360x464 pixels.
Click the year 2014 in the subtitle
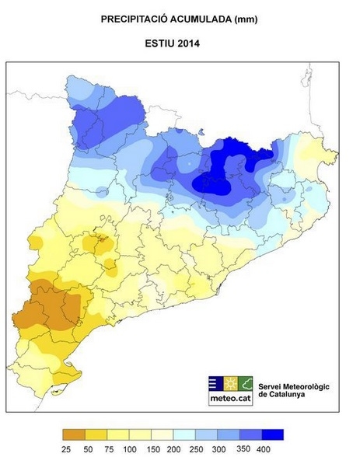pos(199,44)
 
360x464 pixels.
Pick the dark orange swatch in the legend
pos(75,435)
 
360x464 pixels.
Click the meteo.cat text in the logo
pos(230,399)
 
